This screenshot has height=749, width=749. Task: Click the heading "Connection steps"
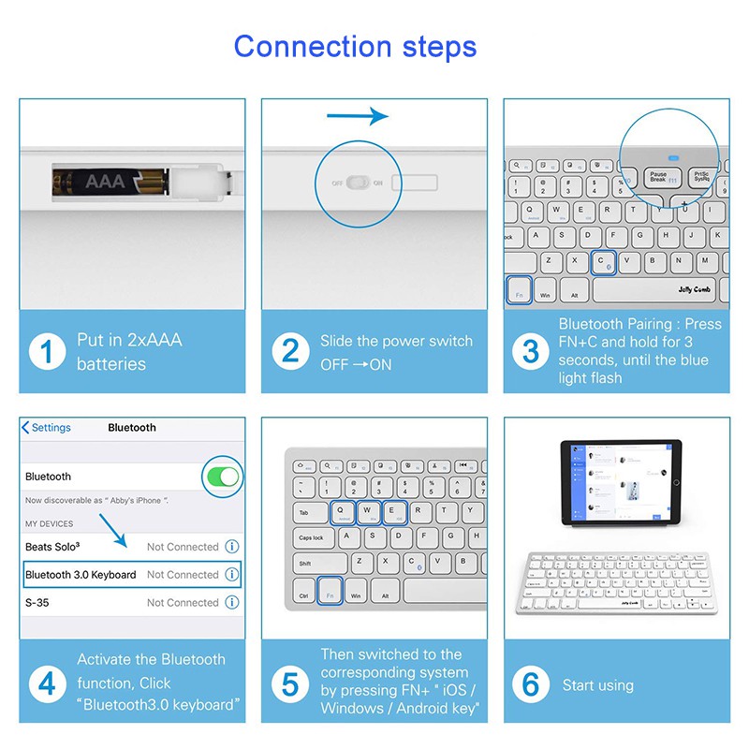[355, 46]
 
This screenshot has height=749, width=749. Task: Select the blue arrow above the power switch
[357, 116]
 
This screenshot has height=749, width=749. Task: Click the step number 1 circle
[47, 351]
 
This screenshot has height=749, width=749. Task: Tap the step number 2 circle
[290, 351]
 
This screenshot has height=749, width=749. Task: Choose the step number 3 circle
[531, 351]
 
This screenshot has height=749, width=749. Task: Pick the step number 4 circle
[47, 684]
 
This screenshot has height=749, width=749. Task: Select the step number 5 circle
[290, 684]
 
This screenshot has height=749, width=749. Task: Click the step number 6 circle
[531, 684]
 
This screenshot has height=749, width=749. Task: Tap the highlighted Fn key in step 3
[519, 290]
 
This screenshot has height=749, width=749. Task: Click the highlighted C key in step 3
[601, 261]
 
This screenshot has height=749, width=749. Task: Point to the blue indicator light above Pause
[672, 158]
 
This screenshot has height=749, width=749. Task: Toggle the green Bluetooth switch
[224, 477]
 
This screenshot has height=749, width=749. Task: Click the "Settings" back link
[47, 428]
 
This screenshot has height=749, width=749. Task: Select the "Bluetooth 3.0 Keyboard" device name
[81, 575]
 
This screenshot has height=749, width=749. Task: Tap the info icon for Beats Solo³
[232, 547]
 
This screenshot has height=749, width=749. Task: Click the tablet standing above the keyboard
[618, 483]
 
